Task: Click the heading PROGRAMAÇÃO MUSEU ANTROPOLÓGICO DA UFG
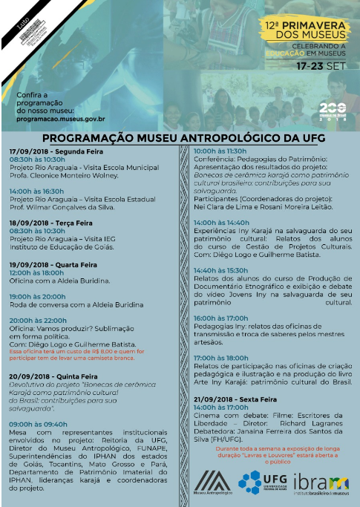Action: tap(183, 137)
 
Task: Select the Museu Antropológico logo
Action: tap(212, 484)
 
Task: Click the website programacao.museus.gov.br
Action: tap(55, 117)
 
